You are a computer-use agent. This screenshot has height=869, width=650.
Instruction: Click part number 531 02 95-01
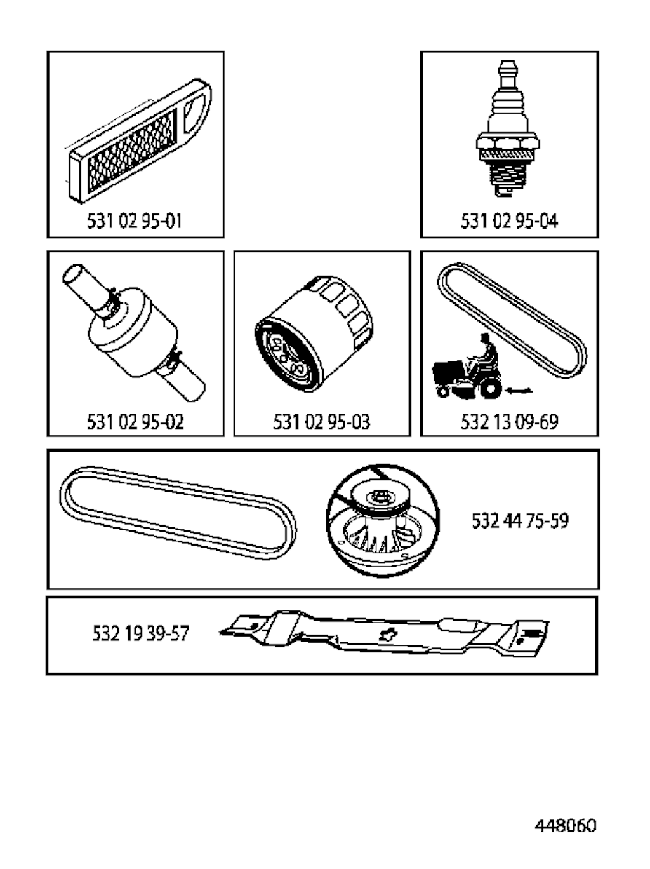135,221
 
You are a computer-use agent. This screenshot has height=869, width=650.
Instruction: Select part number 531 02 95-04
510,221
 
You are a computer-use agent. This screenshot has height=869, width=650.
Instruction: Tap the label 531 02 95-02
136,422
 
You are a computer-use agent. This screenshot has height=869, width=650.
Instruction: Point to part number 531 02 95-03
322,422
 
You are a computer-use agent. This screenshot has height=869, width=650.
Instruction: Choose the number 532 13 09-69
510,422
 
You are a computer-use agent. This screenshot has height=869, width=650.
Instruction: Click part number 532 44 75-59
521,521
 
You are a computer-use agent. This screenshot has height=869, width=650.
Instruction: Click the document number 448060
566,825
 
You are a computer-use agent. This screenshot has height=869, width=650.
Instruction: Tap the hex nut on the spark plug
508,141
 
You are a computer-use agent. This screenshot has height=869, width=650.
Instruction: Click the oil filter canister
314,333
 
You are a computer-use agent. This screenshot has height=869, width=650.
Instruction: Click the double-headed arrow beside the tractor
519,391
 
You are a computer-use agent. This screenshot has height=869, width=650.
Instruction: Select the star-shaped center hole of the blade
386,634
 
